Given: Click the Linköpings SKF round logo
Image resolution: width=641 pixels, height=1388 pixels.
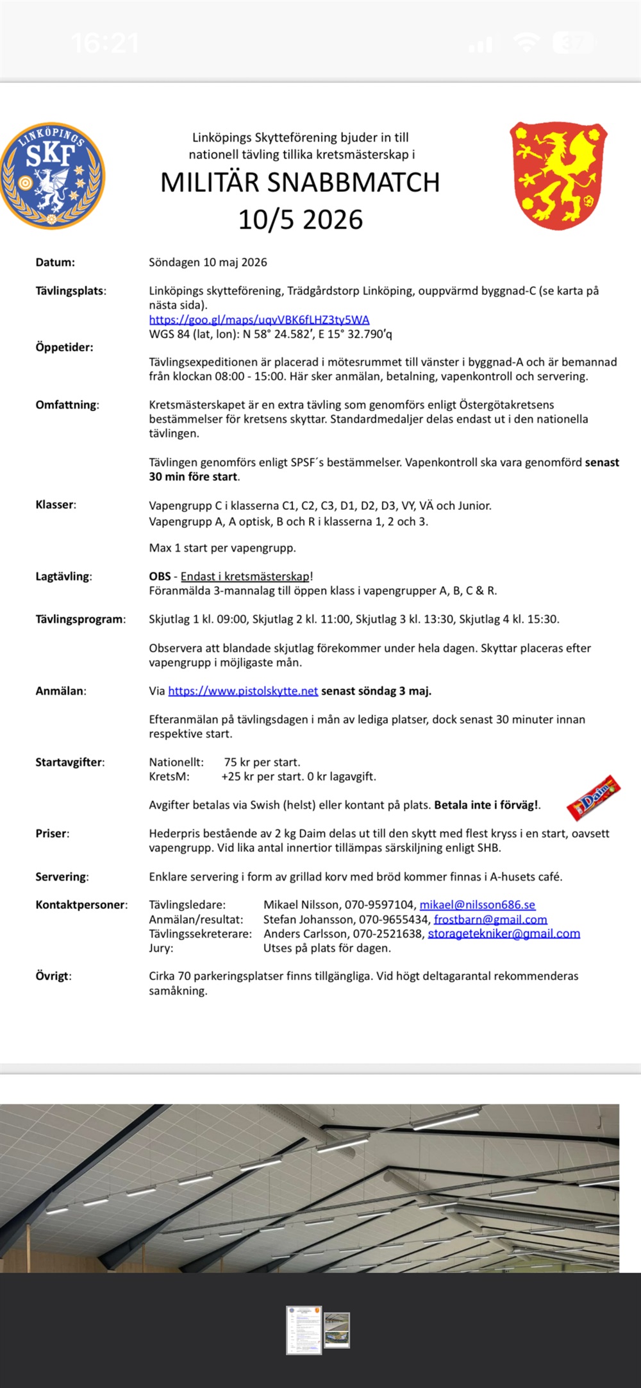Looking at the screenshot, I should point(53,176).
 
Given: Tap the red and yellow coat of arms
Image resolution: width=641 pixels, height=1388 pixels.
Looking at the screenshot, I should point(558,176).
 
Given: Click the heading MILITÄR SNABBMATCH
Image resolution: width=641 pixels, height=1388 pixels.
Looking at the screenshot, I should point(300,183).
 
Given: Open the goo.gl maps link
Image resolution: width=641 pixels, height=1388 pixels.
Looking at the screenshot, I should point(259,319).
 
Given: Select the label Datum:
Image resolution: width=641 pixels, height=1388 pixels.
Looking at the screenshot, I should point(55,262).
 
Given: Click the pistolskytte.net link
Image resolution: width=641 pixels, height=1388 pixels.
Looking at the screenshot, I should point(243,691).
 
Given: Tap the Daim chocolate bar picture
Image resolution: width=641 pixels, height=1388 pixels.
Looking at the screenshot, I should point(594,797).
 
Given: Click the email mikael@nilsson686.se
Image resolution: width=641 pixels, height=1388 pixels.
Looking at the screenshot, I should point(477,905).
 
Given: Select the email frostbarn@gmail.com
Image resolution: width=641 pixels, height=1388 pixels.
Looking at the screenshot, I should point(490,920).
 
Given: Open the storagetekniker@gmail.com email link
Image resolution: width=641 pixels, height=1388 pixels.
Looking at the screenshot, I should point(504,934).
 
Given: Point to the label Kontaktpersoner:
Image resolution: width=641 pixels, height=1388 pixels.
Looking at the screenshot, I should point(81,905).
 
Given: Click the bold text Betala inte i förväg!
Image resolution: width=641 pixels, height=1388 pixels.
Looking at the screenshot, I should point(487,805).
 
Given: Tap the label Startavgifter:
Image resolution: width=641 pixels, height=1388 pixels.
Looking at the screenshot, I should point(70,763).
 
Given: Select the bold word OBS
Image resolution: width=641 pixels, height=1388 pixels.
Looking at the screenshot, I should point(160,577).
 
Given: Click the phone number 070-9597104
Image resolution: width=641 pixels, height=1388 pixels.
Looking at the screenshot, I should point(379,905).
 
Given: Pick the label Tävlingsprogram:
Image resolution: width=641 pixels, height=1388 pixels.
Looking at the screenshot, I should point(80,620).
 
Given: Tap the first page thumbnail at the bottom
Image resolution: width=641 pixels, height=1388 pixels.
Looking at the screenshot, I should point(304,1331).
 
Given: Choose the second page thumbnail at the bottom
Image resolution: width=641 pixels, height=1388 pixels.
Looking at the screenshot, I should point(337,1330).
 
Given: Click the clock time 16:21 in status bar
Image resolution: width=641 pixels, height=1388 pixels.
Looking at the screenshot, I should point(104,43).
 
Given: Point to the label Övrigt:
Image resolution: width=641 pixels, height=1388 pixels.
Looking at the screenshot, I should point(53,976).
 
